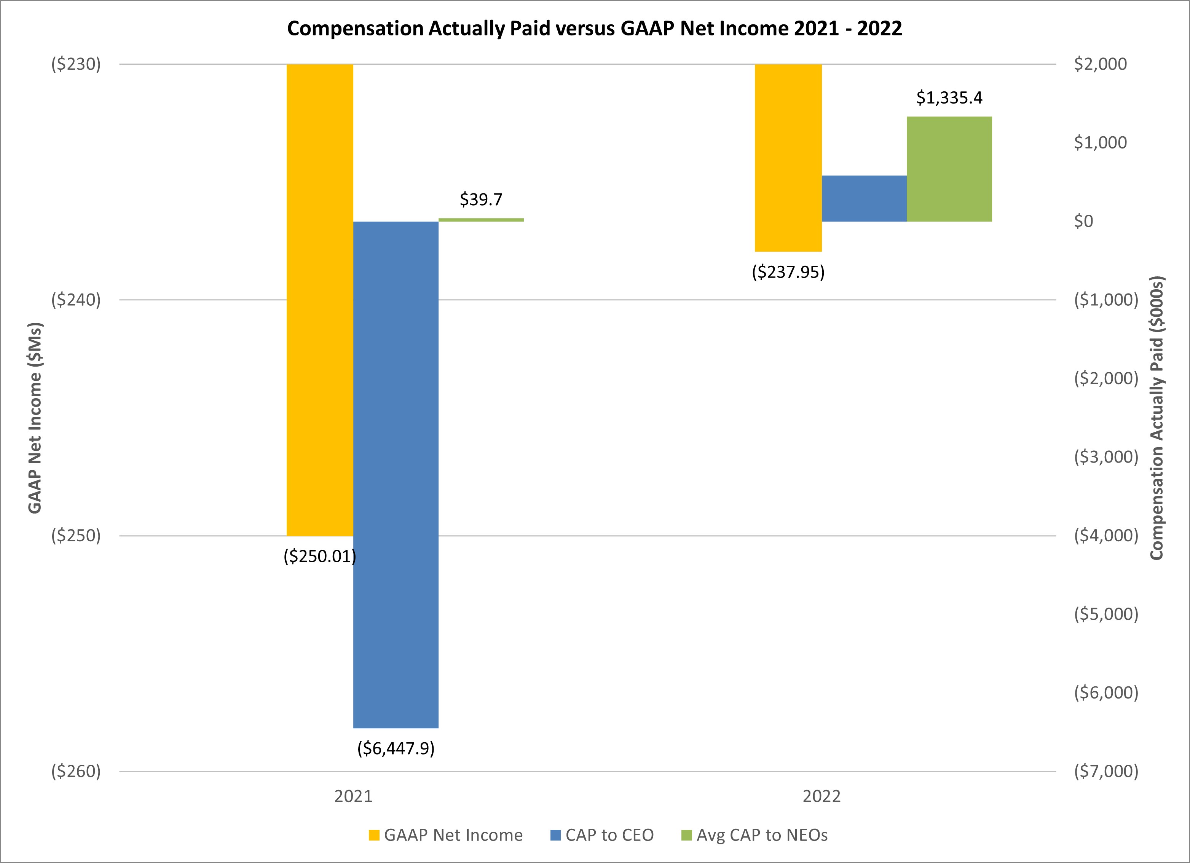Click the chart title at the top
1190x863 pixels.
tap(595, 28)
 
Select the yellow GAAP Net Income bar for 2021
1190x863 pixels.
tap(319, 299)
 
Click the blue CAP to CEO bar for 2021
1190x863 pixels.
tap(396, 474)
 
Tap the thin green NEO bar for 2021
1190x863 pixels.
tap(481, 220)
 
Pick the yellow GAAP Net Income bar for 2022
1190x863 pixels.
tap(788, 157)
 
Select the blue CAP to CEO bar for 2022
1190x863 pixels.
tap(864, 198)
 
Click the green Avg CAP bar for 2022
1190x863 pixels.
tap(949, 169)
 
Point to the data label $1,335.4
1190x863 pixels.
tap(949, 97)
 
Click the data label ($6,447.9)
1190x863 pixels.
tap(396, 748)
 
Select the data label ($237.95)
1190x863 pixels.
tap(788, 272)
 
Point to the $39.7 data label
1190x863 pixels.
tap(481, 199)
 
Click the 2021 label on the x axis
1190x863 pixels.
tap(353, 796)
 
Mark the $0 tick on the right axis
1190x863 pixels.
tap(1083, 222)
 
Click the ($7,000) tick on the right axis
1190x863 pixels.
tap(1106, 771)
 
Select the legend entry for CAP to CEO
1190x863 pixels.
tap(602, 835)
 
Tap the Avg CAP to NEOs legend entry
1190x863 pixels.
tap(755, 835)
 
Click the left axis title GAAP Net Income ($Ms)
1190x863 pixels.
tap(35, 418)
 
